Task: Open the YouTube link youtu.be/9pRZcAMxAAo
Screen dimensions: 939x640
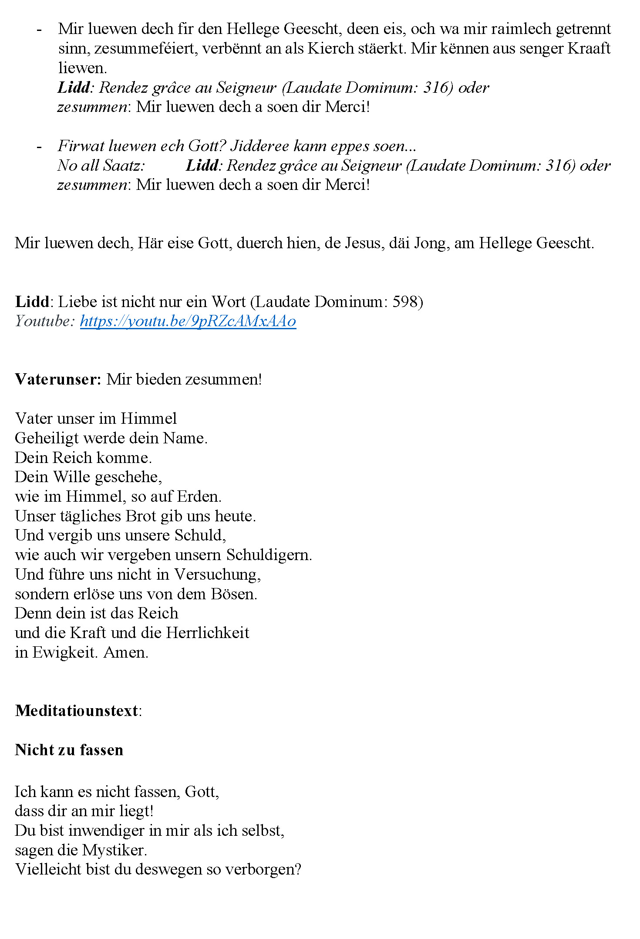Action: click(x=188, y=321)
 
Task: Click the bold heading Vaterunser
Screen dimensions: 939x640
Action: click(x=58, y=379)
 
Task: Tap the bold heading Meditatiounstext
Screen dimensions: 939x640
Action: click(x=77, y=711)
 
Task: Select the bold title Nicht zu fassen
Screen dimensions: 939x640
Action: click(x=69, y=750)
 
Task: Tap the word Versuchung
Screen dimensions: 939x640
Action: click(x=217, y=574)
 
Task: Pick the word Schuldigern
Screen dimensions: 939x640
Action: click(x=269, y=555)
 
